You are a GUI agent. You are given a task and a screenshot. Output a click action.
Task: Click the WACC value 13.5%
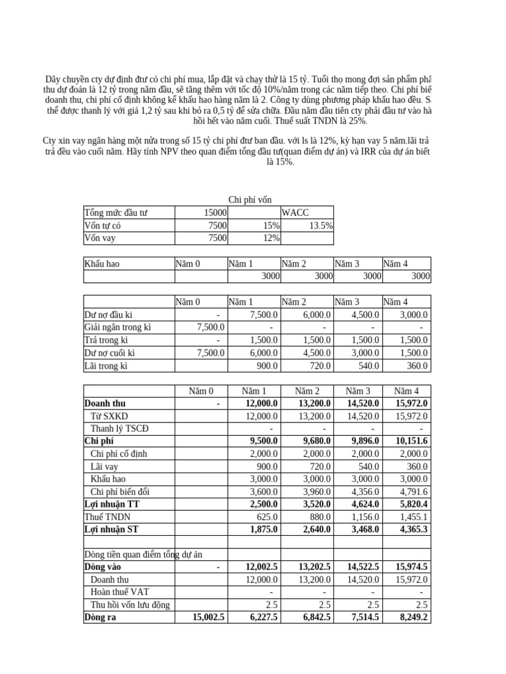317,226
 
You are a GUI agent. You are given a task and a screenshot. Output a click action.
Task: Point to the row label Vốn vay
100,238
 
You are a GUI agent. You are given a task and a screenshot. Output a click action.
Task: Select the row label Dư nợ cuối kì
110,353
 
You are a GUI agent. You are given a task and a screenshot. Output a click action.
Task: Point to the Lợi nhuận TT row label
113,504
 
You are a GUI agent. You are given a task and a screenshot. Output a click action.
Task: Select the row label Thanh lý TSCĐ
120,428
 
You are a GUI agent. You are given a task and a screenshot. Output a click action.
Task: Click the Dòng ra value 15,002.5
208,617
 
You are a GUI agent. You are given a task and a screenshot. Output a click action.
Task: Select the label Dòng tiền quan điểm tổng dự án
148,554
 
